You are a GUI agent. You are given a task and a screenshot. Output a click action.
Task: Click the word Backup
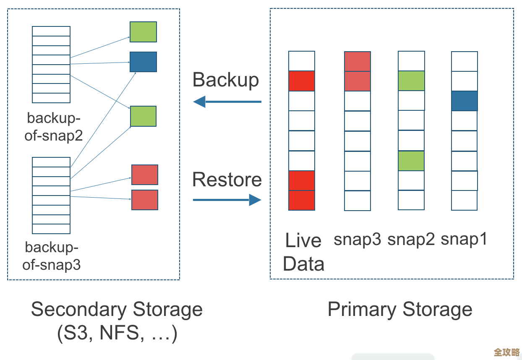tap(226, 80)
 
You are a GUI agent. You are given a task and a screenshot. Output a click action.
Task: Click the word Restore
tap(227, 180)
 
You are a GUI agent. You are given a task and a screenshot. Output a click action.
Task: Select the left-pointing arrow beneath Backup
tap(227, 102)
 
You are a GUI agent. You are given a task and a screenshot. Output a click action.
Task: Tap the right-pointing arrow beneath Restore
tap(227, 200)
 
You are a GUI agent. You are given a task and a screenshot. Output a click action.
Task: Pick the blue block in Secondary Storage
tap(143, 62)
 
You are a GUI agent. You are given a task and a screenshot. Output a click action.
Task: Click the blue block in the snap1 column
tap(465, 101)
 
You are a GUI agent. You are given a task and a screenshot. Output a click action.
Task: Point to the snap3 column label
tap(358, 239)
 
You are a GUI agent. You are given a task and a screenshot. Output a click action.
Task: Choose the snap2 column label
tap(411, 239)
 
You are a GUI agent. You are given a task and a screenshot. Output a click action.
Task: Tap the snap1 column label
tap(464, 239)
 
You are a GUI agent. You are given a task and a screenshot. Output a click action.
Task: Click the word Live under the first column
tap(303, 240)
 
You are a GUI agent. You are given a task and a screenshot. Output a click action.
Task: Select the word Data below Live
tap(303, 264)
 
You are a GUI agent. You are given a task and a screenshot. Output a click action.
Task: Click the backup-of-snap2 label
tap(53, 126)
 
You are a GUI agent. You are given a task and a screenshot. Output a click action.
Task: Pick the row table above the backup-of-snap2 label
tap(51, 64)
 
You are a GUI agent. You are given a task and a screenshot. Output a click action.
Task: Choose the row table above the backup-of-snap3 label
tap(51, 196)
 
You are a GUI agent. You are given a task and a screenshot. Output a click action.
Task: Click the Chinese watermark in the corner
tap(507, 352)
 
